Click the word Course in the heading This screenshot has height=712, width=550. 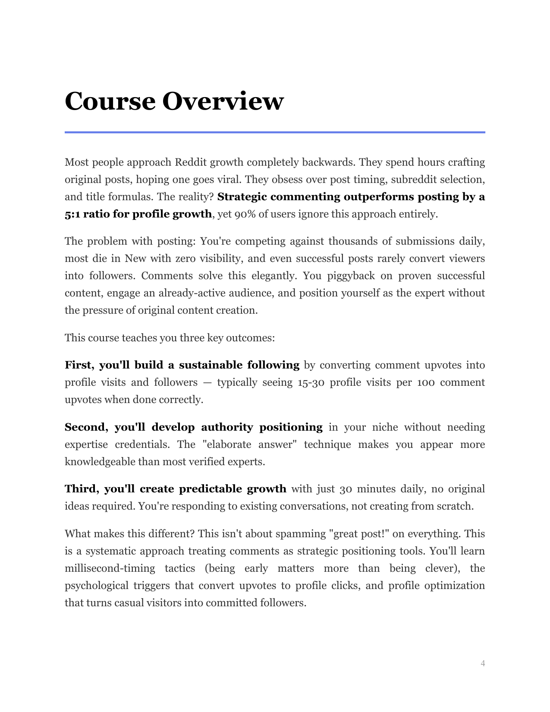pos(110,102)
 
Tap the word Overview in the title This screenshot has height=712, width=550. pos(223,102)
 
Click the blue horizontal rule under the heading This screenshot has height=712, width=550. pos(275,132)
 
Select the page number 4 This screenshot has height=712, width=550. pos(483,663)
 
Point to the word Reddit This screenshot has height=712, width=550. pos(190,163)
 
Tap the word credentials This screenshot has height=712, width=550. pos(142,445)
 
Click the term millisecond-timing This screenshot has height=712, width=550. pos(110,569)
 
